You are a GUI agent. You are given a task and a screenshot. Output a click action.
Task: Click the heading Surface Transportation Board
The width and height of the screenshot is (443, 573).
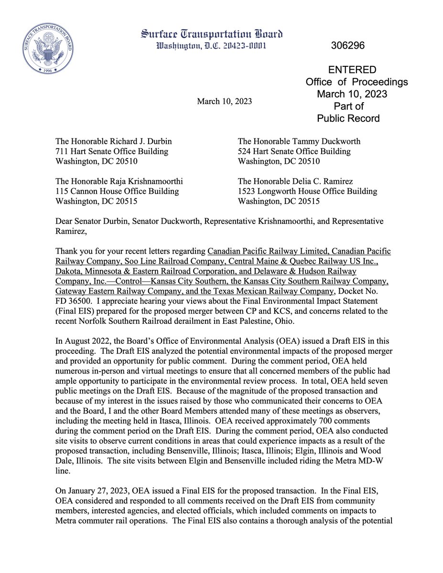211,34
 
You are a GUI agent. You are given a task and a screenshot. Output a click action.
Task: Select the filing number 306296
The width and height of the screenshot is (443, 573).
347,46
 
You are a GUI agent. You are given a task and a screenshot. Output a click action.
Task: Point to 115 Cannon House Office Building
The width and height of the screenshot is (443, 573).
118,191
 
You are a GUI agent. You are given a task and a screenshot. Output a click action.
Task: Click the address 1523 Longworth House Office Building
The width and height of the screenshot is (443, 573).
307,191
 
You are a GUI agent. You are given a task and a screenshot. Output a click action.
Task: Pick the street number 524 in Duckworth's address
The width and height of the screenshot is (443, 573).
245,151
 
